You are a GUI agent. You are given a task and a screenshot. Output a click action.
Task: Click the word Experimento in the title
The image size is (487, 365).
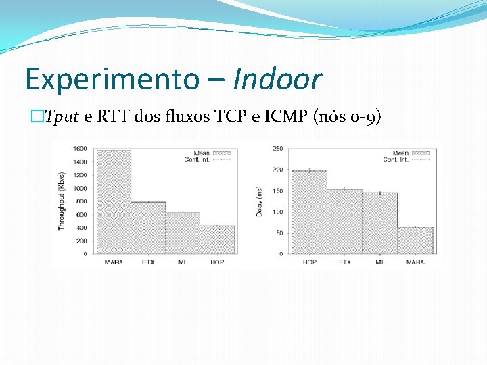pos(110,80)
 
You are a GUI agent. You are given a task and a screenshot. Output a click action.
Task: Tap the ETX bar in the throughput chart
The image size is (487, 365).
pos(148,228)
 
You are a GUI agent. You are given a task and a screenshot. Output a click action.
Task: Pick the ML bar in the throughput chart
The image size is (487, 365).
pos(183,233)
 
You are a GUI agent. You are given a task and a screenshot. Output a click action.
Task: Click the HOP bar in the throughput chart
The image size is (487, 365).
pos(217,240)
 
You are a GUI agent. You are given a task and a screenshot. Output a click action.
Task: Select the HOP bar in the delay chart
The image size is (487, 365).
pos(309,212)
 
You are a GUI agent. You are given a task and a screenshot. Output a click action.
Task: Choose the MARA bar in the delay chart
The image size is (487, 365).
pos(415,241)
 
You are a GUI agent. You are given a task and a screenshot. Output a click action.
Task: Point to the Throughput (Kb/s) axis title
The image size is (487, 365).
pos(61,201)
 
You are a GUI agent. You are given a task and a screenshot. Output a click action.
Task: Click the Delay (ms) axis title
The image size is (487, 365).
pos(259,202)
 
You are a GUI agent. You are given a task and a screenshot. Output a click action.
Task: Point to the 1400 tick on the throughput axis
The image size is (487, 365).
pos(80,162)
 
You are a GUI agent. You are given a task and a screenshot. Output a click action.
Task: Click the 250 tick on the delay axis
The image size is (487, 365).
pos(277,148)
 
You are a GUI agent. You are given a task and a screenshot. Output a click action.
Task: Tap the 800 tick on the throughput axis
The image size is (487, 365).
pos(82,201)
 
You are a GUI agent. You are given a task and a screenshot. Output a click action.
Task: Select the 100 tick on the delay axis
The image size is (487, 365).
pos(277,212)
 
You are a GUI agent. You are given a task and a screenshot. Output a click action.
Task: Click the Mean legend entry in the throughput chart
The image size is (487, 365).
pos(212,153)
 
